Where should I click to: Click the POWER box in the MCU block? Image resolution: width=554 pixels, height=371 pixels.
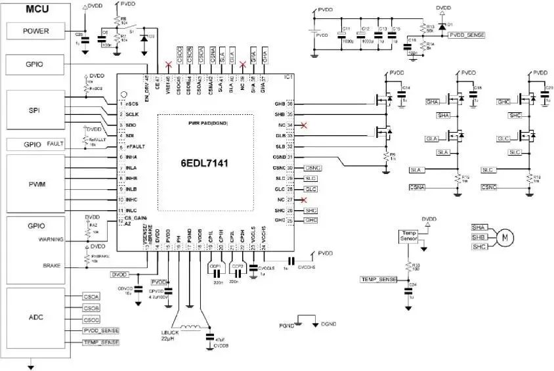(x=35, y=31)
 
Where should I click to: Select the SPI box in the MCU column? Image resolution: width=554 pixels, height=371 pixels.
(x=35, y=110)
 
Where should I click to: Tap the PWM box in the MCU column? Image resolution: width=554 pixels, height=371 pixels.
(x=35, y=184)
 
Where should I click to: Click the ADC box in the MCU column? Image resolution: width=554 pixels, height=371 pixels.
(x=35, y=317)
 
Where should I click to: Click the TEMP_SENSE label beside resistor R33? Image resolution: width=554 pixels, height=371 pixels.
(x=379, y=279)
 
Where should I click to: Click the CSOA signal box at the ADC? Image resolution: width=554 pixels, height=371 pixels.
(x=91, y=296)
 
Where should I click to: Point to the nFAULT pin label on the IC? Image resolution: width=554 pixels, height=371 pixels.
(x=135, y=146)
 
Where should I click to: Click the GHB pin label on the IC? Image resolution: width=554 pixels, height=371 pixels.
(x=280, y=104)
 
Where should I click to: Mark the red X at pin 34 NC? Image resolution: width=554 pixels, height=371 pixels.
(x=303, y=125)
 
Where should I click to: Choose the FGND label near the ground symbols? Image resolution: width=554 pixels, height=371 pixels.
(x=286, y=324)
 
